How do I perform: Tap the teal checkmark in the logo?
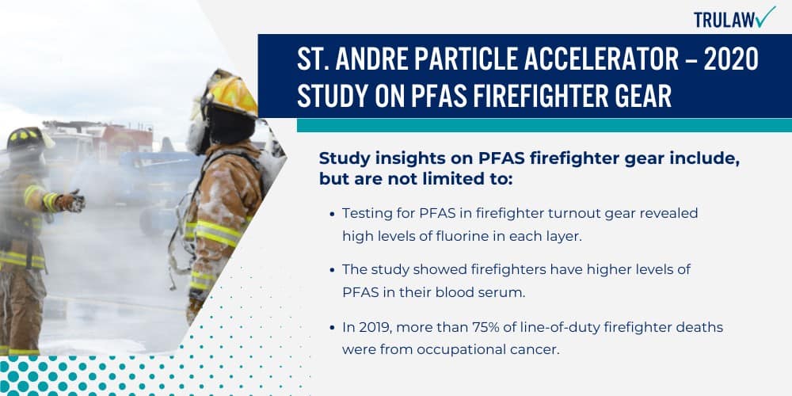pos(765,17)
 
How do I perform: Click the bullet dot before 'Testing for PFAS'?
pos(331,214)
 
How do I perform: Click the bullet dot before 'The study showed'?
pos(331,270)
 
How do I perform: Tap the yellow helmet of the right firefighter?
pos(229,93)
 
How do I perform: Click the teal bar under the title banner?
pos(544,125)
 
